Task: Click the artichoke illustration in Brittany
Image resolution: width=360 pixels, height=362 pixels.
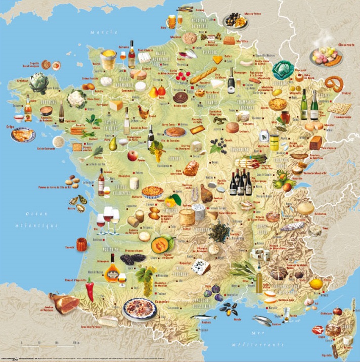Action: [x=37, y=82]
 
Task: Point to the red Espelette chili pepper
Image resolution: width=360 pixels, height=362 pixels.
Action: [x=90, y=290]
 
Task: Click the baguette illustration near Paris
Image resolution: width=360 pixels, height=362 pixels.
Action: [x=203, y=76]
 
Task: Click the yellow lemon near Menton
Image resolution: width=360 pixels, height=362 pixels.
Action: [x=316, y=284]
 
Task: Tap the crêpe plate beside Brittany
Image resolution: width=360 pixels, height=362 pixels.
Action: [x=23, y=134]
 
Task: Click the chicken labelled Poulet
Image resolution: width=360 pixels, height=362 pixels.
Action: [x=143, y=112]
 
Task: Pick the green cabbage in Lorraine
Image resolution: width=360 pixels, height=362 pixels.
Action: [x=283, y=70]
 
